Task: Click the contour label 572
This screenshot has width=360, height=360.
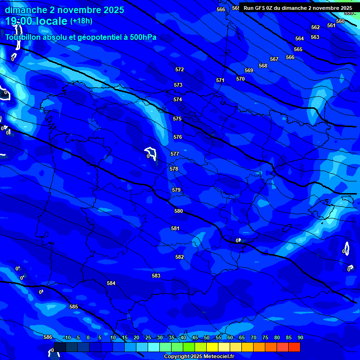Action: pos(180,69)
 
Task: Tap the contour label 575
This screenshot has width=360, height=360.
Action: pos(177,119)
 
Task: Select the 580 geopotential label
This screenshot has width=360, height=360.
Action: pos(179,211)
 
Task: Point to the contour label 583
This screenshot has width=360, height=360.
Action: pos(156,276)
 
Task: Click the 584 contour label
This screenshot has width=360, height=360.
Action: pos(111,283)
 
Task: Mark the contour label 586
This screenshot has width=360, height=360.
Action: pos(48,337)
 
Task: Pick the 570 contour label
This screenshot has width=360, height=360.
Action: pos(240,79)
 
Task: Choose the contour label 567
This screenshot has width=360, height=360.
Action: pos(274,59)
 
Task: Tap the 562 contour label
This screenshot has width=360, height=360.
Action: pos(315,27)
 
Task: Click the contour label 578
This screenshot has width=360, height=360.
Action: pos(174,169)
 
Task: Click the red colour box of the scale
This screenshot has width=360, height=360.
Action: pos(294,347)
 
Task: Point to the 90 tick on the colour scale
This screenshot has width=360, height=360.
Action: pos(300,337)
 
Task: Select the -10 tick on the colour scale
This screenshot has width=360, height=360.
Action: pos(67,337)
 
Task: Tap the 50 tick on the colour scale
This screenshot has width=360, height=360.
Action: pos(207,337)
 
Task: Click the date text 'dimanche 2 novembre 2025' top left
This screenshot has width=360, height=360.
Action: pos(64,10)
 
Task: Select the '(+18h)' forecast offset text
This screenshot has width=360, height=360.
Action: pos(81,21)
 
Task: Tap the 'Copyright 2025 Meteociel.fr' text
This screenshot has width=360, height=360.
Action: pos(199,356)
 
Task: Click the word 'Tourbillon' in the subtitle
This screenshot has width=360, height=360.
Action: pos(23,37)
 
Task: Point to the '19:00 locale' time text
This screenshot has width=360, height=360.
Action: pos(36,22)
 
